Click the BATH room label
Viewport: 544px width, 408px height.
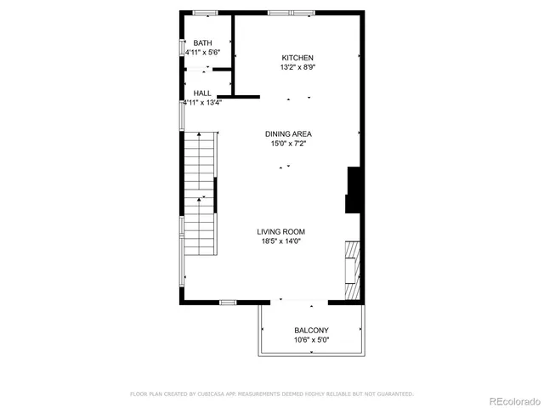[202, 43]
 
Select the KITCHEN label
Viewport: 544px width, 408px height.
[297, 58]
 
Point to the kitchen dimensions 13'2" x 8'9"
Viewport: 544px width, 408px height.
[297, 67]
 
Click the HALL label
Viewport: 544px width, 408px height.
[202, 93]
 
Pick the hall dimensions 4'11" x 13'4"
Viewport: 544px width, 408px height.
[203, 103]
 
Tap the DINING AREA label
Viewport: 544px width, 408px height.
[288, 134]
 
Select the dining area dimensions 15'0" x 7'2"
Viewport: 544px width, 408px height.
[288, 144]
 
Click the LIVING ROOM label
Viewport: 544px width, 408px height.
[281, 231]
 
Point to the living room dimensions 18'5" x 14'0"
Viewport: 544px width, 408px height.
[281, 241]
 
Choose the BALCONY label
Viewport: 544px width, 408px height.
[311, 331]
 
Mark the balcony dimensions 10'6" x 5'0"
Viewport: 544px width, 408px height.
[311, 340]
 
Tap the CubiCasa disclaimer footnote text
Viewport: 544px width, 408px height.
[271, 394]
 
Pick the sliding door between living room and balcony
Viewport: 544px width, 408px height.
[297, 301]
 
